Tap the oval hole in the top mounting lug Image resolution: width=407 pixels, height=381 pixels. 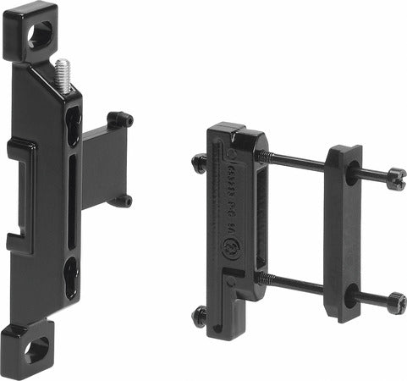40,33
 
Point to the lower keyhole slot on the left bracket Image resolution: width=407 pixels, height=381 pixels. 72,276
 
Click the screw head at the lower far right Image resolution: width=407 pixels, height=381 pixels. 396,302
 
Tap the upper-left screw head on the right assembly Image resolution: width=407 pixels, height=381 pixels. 199,163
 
